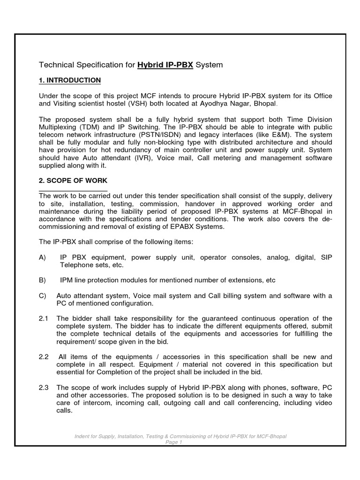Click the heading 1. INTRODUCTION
tap(70, 80)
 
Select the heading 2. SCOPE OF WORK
tap(73, 180)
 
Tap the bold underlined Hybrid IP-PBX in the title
tap(165, 65)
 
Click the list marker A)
tap(43, 257)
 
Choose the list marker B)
tap(43, 280)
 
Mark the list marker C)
tap(43, 295)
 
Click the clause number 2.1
tap(44, 318)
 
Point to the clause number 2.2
tap(44, 357)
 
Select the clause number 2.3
tap(44, 387)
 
